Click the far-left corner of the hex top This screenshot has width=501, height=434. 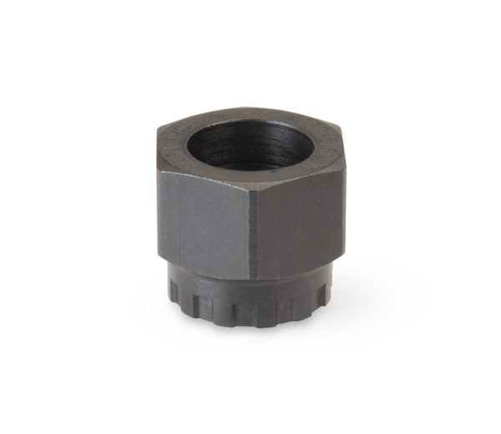[159, 137]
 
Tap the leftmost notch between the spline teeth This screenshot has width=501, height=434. [185, 299]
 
